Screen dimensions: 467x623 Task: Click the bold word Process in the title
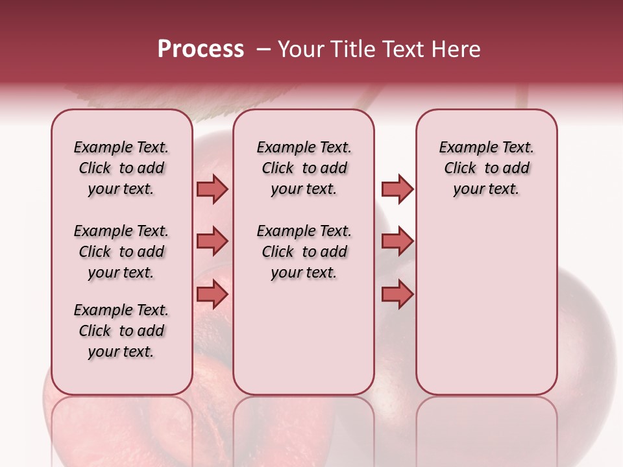tap(201, 49)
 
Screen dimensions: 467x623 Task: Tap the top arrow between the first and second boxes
tap(212, 189)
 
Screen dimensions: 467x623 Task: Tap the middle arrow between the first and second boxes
tap(212, 241)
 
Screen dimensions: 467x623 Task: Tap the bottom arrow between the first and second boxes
tap(212, 294)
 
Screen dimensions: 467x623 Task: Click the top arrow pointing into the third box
tap(397, 189)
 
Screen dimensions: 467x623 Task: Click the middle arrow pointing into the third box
tap(397, 241)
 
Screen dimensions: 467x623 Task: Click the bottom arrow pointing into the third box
tap(397, 294)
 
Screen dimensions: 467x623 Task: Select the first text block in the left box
tap(121, 168)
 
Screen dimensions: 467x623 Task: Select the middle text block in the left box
tap(121, 252)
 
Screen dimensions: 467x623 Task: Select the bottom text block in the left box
tap(121, 331)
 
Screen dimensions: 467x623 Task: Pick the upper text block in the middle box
tap(304, 168)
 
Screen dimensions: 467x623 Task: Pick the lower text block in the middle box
tap(304, 252)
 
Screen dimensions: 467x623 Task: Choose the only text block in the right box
tap(486, 168)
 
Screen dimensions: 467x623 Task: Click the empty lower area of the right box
tap(486, 311)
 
